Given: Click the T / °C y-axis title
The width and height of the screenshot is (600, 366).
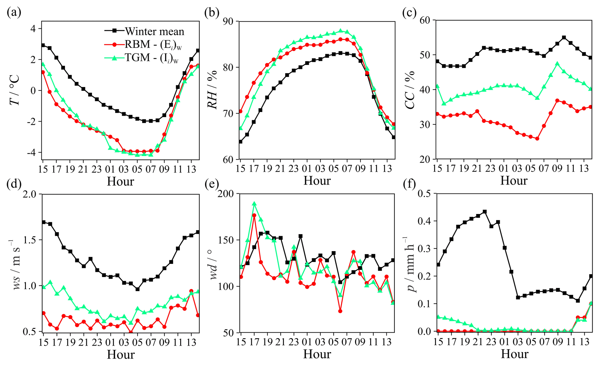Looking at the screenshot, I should click(x=15, y=90).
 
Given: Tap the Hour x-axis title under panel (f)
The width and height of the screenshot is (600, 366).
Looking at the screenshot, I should click(x=514, y=354).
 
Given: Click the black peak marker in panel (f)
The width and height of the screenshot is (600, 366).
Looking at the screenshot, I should click(x=484, y=212).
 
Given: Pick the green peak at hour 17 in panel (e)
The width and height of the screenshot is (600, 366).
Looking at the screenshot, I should click(x=254, y=204).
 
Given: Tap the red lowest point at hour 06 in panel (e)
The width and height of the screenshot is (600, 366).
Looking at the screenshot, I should click(x=340, y=311).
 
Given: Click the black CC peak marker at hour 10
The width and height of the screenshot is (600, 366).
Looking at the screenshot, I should click(x=564, y=37).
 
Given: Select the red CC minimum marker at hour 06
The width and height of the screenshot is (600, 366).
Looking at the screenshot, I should click(x=537, y=139).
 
